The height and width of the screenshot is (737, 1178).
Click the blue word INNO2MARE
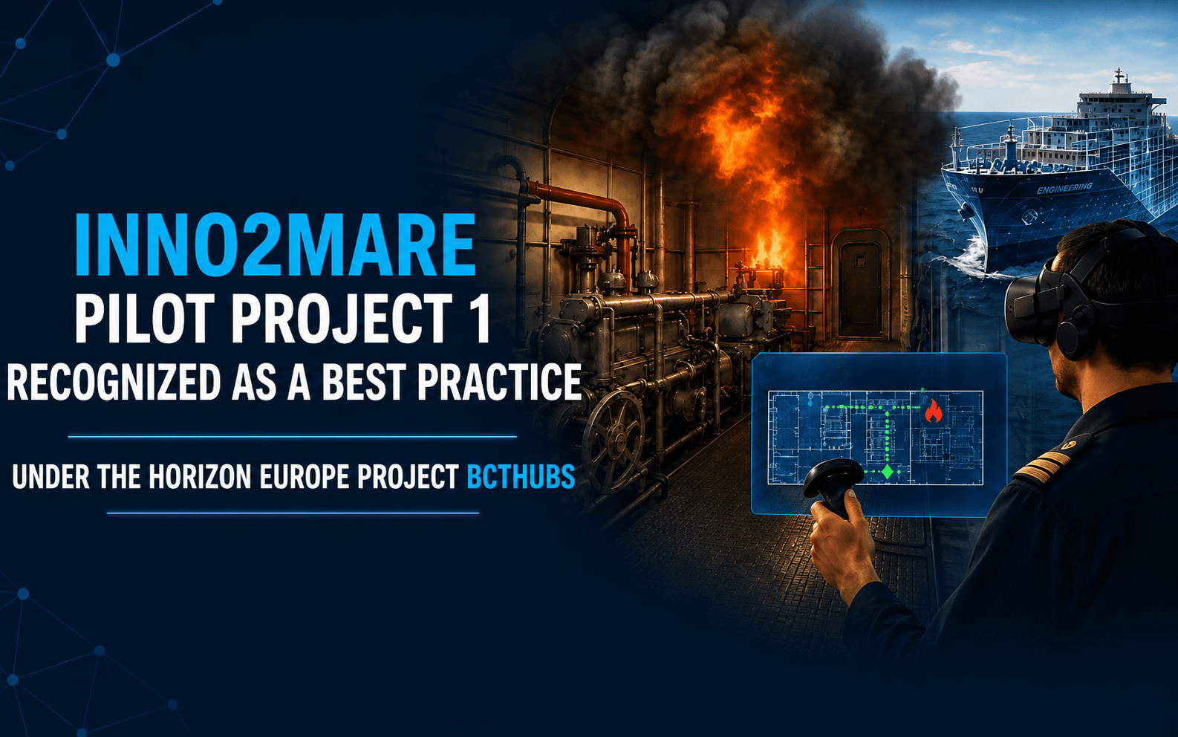click(275, 244)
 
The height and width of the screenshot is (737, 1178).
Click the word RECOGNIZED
click(114, 383)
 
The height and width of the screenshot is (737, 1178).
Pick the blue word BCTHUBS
click(521, 477)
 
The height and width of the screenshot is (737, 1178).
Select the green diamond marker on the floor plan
click(888, 471)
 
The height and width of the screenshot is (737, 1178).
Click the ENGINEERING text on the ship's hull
click(1064, 188)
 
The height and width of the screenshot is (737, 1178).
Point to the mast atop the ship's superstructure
click(1119, 79)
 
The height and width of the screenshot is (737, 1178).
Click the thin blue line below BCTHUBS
click(293, 513)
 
